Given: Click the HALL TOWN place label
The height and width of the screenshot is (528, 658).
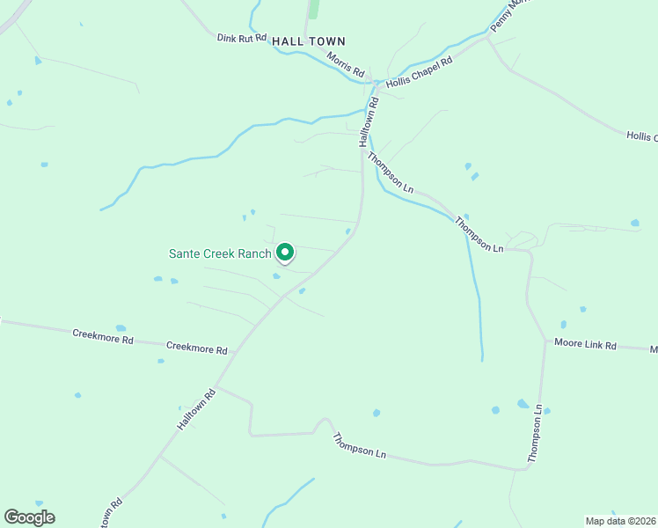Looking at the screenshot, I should click(309, 41).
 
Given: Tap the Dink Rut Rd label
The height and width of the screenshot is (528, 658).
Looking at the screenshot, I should click(241, 38).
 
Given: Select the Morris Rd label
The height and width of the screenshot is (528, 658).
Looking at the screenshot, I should click(345, 62).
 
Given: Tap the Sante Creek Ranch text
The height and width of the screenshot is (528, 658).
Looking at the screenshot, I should click(220, 253).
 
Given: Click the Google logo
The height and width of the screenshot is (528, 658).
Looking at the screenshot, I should click(29, 517).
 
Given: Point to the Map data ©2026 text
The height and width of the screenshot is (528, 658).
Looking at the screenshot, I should click(619, 521).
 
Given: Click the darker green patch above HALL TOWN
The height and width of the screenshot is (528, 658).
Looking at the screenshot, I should click(312, 9).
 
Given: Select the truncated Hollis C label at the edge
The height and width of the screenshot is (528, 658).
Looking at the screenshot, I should click(642, 136).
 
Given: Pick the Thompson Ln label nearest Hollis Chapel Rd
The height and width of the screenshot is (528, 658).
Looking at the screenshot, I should click(391, 172).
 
